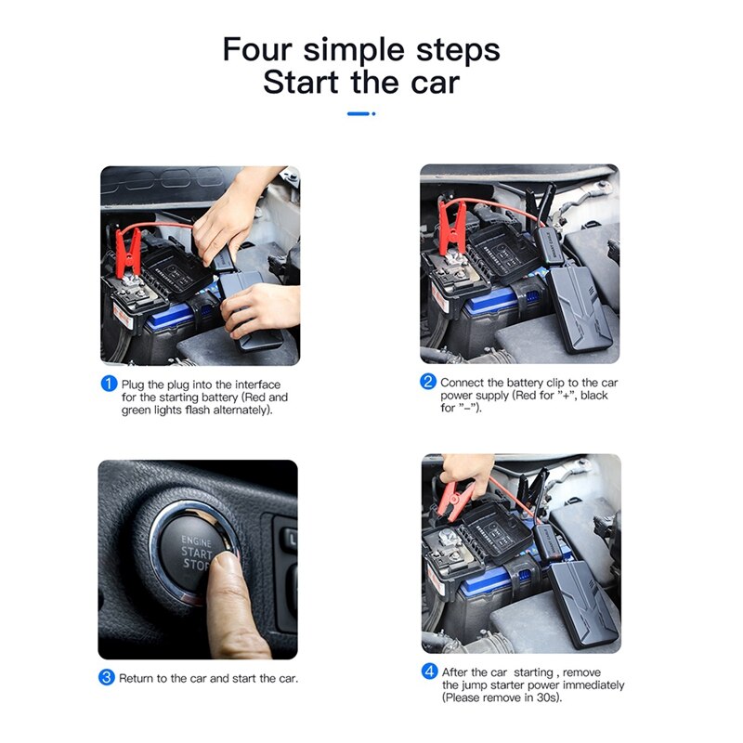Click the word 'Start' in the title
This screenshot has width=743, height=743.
click(x=303, y=82)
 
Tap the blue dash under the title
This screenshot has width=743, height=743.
click(x=360, y=113)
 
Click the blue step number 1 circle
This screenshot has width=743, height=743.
click(x=109, y=384)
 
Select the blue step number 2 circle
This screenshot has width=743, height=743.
click(x=428, y=382)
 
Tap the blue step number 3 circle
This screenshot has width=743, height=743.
click(x=107, y=678)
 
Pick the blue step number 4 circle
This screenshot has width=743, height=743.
click(x=429, y=671)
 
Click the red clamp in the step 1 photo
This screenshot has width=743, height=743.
click(x=127, y=250)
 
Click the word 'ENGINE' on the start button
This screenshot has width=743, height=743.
click(x=196, y=541)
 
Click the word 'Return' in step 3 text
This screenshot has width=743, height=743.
click(x=137, y=679)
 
